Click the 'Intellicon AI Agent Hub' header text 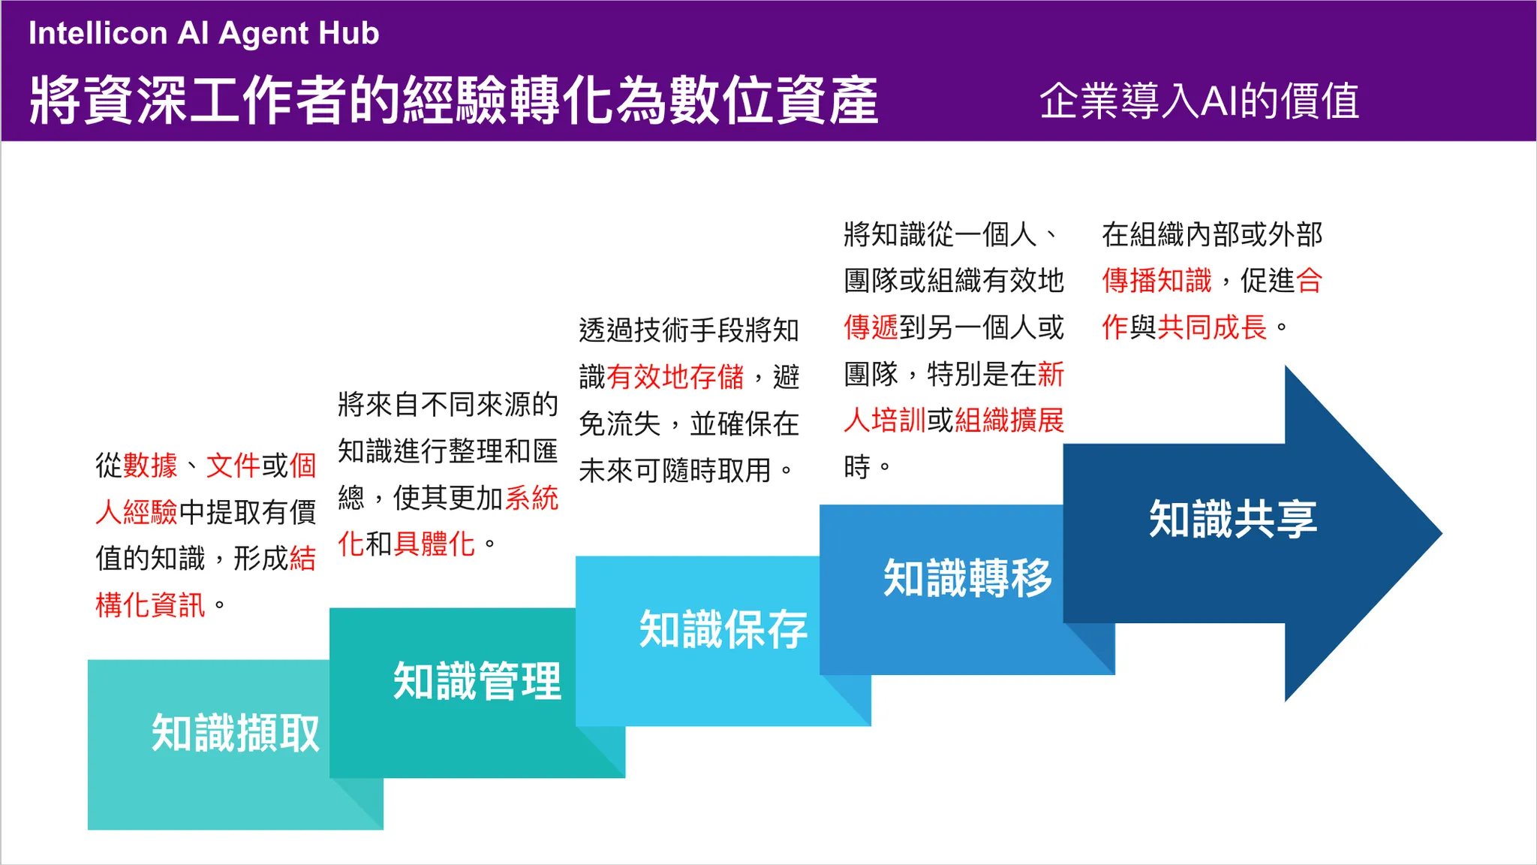point(203,34)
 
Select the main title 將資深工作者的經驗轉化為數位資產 point(453,101)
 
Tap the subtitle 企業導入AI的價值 point(1199,101)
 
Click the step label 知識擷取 point(236,733)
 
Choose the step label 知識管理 point(477,681)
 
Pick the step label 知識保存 point(723,629)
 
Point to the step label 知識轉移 point(967,578)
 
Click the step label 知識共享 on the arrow point(1233,519)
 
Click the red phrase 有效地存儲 point(675,377)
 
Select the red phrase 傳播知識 point(1157,281)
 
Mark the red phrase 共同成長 point(1212,327)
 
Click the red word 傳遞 point(871,327)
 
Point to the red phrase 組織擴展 point(1009,420)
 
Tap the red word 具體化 point(435,544)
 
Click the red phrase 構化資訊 point(150,605)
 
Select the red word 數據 point(150,466)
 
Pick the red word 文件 point(233,466)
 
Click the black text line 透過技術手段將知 point(688,330)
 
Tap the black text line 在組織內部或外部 point(1211,234)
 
